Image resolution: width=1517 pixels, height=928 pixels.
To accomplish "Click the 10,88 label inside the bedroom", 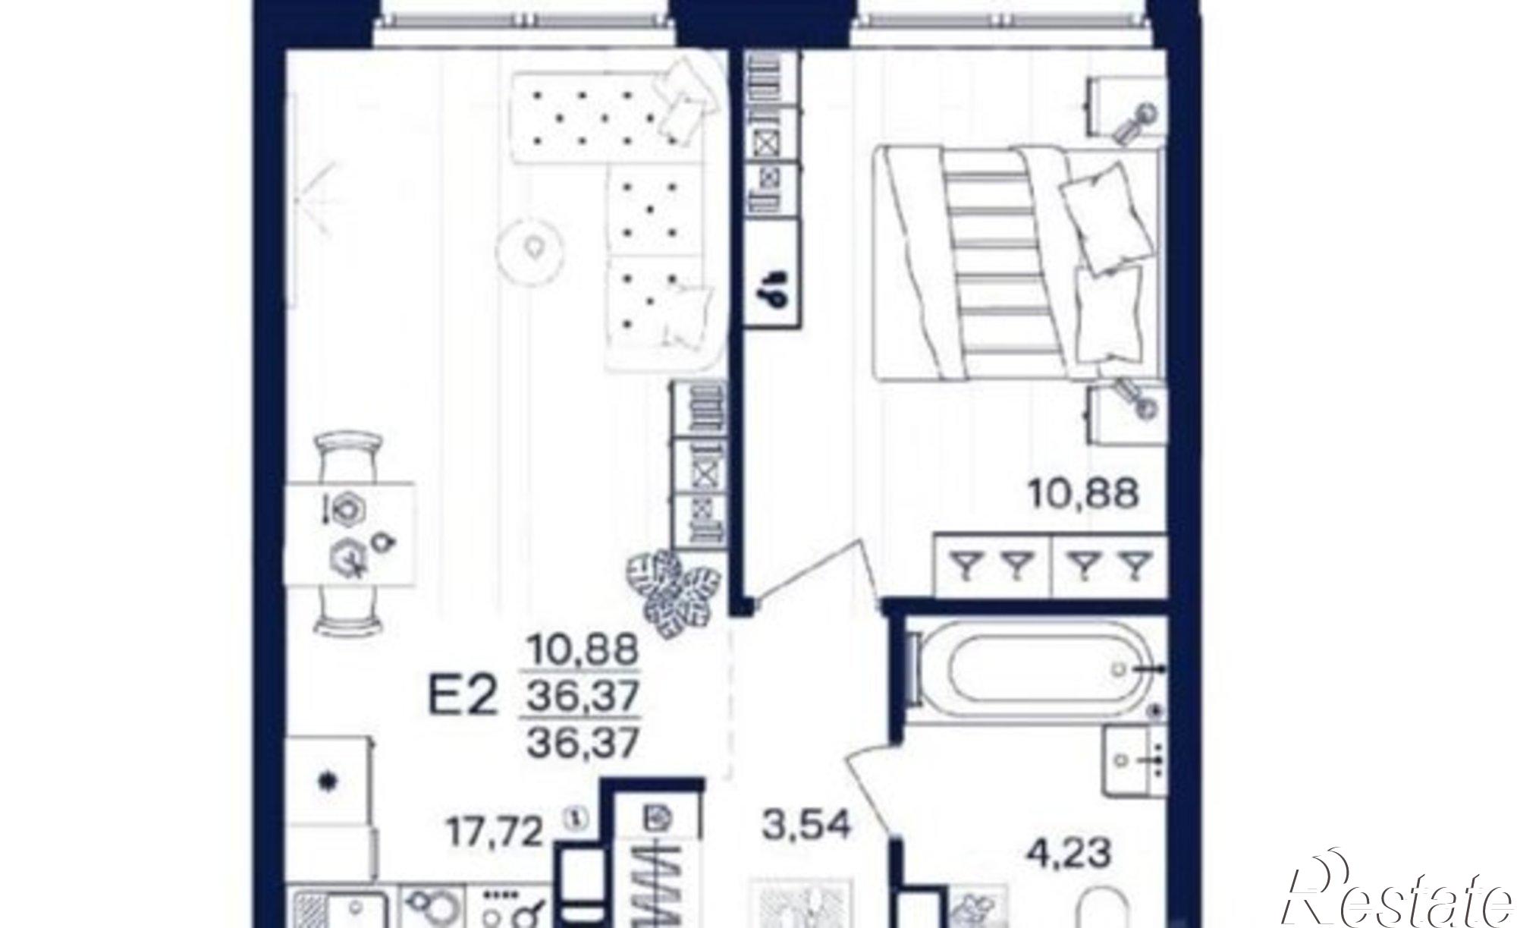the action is tap(1084, 494).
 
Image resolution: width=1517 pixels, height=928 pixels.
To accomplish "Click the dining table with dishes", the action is tap(349, 533).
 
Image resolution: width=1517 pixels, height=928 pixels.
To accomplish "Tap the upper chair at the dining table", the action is tap(350, 455).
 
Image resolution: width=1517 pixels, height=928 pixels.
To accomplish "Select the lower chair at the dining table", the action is tap(350, 611).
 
